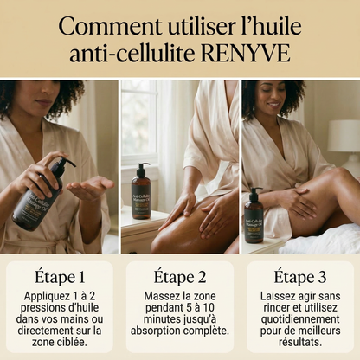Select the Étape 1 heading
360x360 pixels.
coord(59,280)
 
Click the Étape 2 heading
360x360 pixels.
coord(180,280)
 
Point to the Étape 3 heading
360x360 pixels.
coord(299,280)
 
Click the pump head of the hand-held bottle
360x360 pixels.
coord(65,164)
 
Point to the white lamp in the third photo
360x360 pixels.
coord(344,138)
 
